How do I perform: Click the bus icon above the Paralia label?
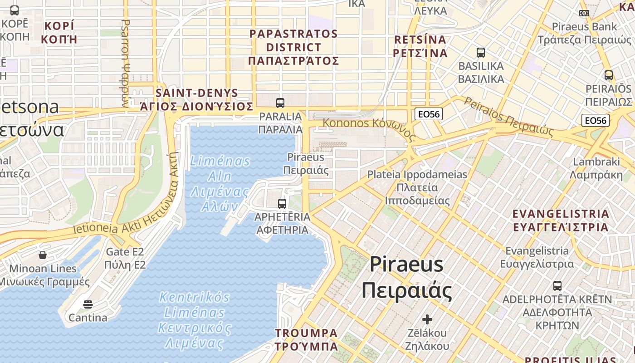click(280, 103)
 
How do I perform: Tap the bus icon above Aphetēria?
click(282, 204)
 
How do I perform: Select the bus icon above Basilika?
click(481, 53)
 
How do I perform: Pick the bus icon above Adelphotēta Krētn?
click(557, 286)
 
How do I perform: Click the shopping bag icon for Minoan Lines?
click(43, 255)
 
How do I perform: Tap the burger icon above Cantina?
click(88, 304)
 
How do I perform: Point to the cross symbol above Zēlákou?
click(427, 319)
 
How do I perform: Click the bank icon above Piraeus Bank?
click(584, 13)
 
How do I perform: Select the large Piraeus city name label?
click(407, 277)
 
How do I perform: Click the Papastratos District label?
click(294, 47)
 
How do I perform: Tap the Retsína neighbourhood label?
click(420, 46)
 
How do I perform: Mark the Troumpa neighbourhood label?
click(307, 339)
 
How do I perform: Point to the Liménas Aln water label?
click(220, 183)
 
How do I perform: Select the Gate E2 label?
click(125, 258)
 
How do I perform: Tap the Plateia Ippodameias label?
click(417, 187)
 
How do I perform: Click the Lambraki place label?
click(596, 168)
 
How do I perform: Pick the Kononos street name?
click(368, 126)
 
